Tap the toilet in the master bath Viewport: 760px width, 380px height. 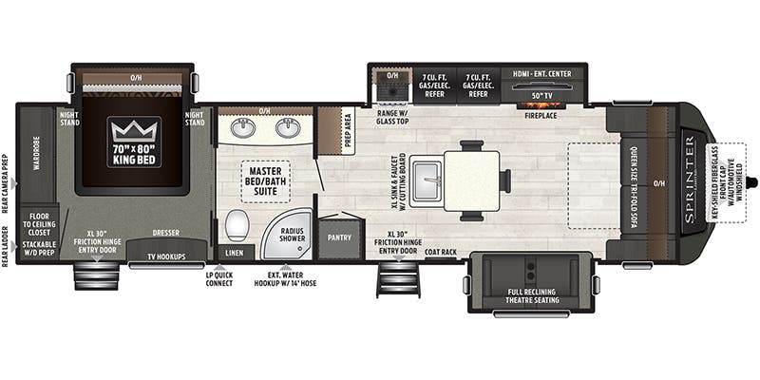[x=237, y=225]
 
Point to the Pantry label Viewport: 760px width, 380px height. [x=339, y=238]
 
